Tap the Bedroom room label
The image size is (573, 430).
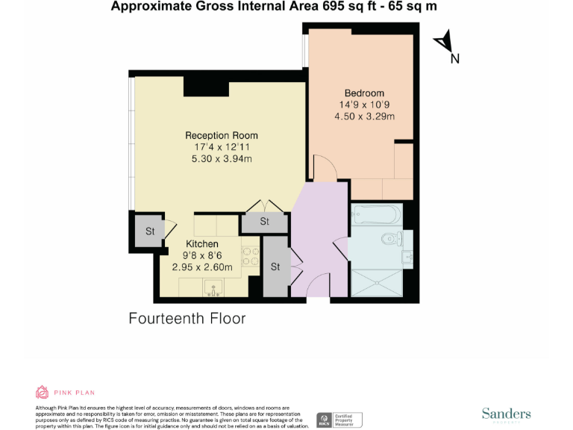tap(364, 93)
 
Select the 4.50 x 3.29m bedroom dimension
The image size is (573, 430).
tap(364, 116)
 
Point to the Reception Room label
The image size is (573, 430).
tap(222, 135)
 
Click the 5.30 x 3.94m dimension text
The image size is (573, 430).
tap(222, 159)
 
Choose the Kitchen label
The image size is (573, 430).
tap(202, 244)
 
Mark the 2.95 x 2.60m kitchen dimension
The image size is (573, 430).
tap(202, 267)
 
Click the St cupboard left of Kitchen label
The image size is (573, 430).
tap(150, 231)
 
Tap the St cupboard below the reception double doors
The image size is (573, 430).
tap(264, 222)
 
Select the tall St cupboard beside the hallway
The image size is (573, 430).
tap(275, 266)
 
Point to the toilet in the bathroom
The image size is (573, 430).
tap(389, 240)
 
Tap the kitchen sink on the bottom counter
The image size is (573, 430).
tap(213, 287)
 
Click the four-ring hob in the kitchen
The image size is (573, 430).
tap(251, 257)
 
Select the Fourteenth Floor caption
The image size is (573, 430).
tap(187, 319)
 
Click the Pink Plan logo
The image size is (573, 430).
tap(66, 392)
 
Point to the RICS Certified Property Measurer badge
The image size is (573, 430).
tap(339, 420)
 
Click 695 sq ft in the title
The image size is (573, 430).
tap(354, 7)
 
